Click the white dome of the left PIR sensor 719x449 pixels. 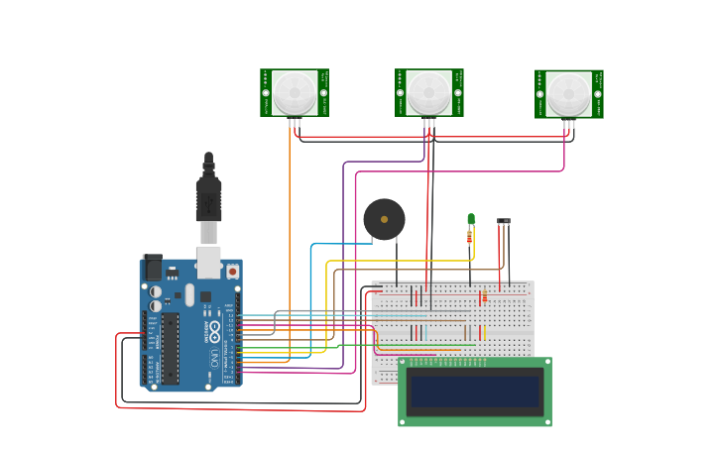295,92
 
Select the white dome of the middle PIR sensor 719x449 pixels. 428,92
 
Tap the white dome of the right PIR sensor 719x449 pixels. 569,93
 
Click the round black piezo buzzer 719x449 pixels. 384,219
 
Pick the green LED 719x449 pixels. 471,219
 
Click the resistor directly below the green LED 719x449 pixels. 470,237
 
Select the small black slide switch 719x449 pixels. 504,221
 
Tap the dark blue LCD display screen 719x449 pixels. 475,392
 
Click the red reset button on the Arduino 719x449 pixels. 232,271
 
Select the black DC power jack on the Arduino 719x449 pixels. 153,268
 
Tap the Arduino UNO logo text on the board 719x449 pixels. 214,341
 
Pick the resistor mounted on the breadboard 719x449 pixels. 483,297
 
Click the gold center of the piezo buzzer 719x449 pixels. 384,219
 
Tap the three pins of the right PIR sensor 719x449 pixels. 569,124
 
